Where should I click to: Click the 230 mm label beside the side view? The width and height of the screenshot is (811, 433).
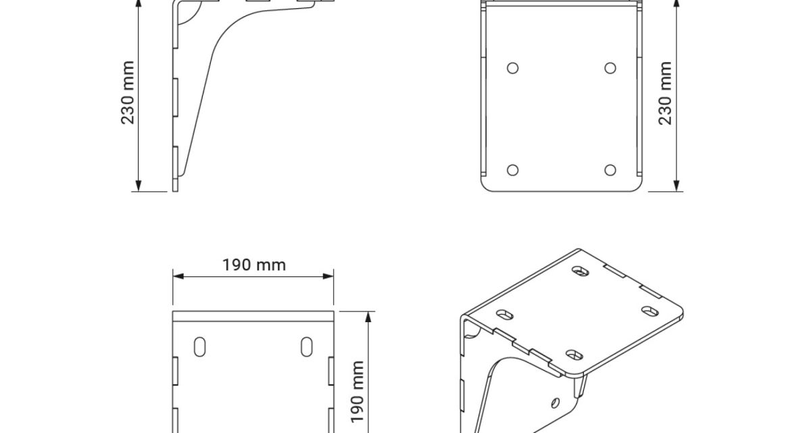click(128, 93)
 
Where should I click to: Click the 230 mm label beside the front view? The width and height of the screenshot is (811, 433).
click(665, 93)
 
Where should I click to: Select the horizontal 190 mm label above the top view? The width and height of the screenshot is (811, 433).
click(254, 265)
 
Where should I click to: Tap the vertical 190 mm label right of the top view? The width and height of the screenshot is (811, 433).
click(358, 391)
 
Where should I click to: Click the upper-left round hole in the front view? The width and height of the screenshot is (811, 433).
click(513, 68)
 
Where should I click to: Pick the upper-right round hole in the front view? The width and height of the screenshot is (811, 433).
click(610, 68)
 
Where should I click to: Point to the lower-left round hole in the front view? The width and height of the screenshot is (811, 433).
click(513, 170)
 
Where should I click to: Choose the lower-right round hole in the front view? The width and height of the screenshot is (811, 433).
click(610, 170)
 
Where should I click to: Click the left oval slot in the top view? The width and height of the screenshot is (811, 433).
click(200, 347)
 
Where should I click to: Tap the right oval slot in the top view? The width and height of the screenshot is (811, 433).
click(307, 347)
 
